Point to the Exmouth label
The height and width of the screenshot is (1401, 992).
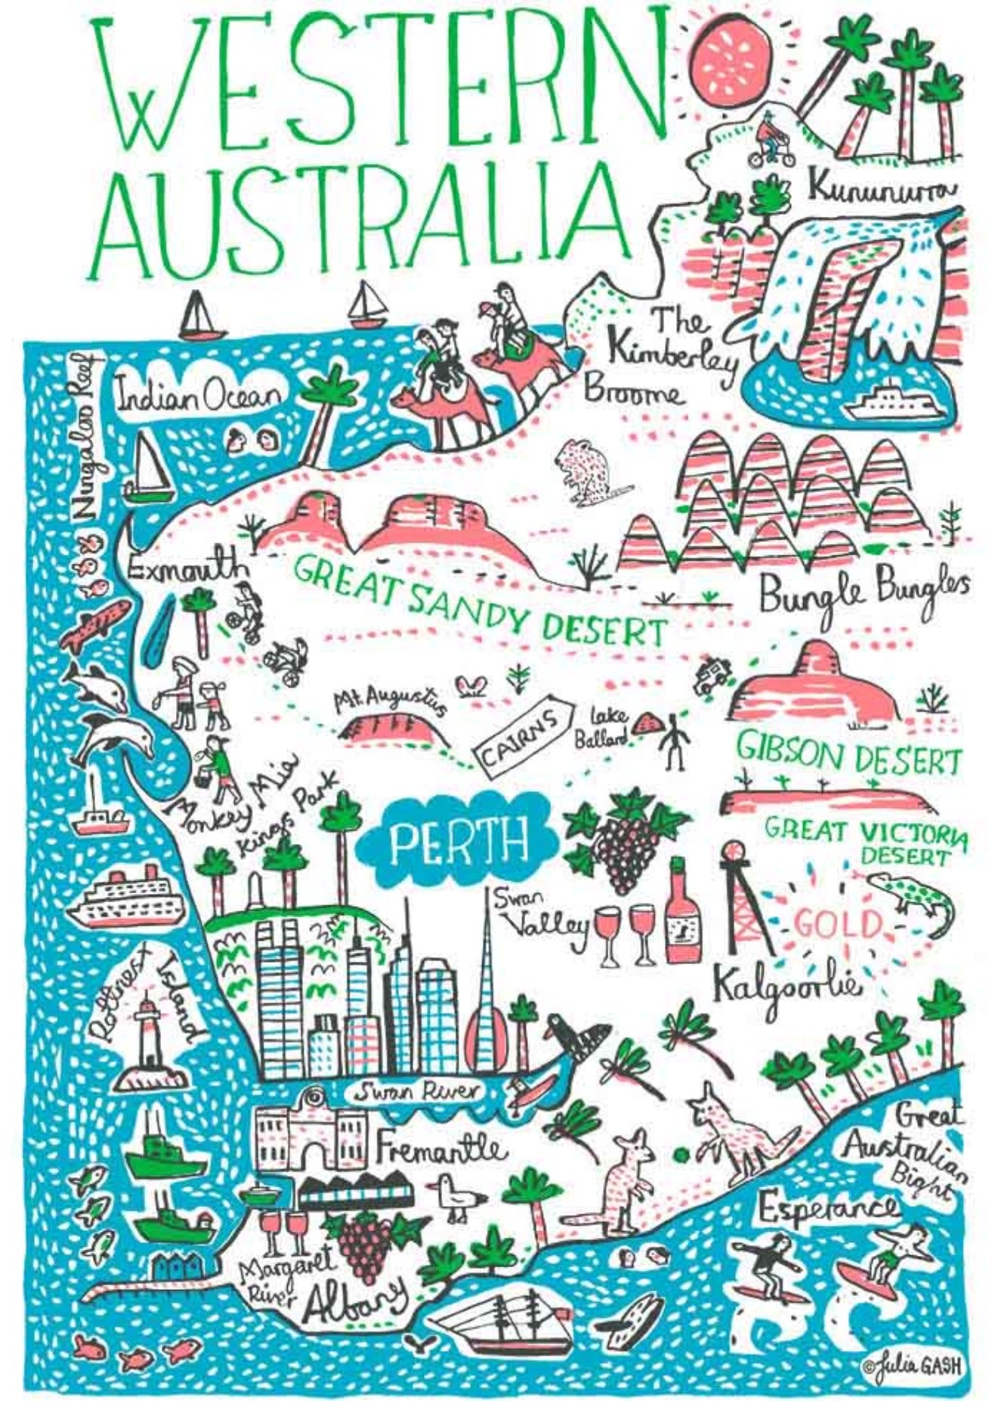(x=186, y=568)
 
